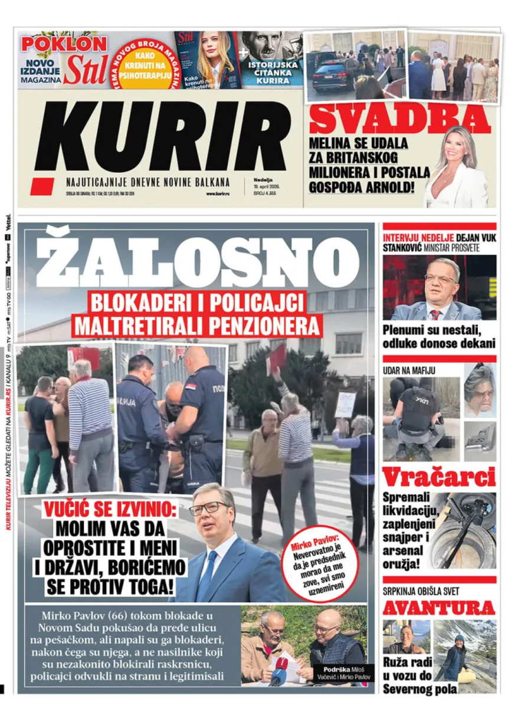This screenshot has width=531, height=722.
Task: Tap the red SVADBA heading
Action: click(399, 119)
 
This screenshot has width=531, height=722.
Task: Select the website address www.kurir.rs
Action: click(217, 193)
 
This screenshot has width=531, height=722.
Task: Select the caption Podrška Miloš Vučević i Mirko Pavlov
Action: click(344, 673)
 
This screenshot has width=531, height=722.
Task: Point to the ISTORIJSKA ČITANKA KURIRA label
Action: click(277, 72)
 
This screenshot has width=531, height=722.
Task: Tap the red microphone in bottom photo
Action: click(283, 664)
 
